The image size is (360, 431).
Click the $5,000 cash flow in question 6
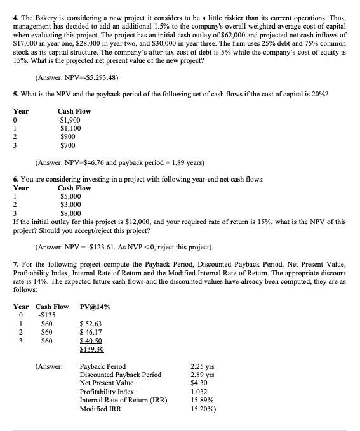pyautogui.click(x=70, y=197)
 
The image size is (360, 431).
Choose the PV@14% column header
pyautogui.click(x=95, y=307)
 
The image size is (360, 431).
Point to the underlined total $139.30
pyautogui.click(x=92, y=348)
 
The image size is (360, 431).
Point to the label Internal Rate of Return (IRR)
pyautogui.click(x=120, y=400)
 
